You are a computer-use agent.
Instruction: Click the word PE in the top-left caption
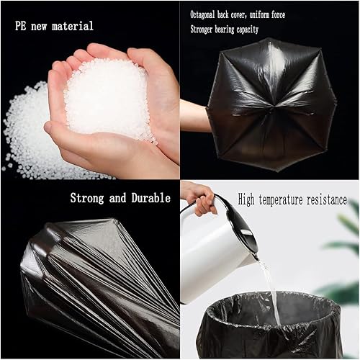[22, 26]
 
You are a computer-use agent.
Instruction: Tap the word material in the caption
[74, 26]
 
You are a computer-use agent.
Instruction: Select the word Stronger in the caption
[207, 30]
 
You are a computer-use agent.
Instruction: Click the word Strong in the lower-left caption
[90, 198]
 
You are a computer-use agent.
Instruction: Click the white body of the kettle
[212, 252]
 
